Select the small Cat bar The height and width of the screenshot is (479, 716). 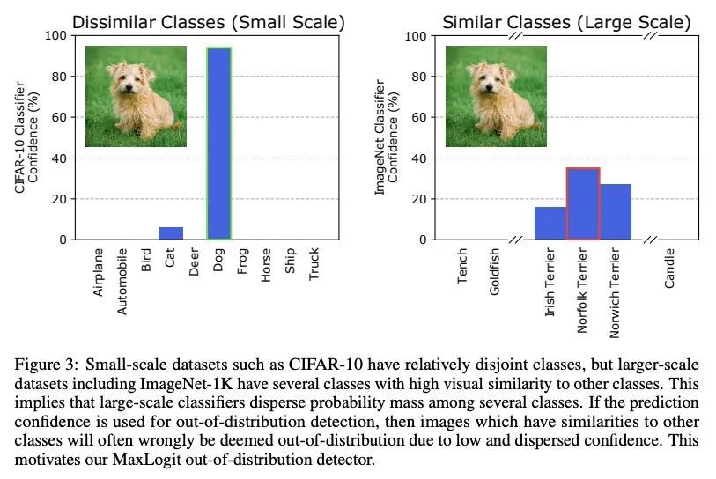[171, 233]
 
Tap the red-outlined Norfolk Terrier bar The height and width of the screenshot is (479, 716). [583, 203]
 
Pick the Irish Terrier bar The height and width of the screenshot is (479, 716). [550, 223]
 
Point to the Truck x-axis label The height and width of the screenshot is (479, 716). [314, 265]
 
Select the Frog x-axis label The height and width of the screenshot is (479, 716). [242, 263]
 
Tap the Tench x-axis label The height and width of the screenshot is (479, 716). [463, 266]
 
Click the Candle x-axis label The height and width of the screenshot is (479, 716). [670, 268]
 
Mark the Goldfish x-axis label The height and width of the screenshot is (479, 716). [495, 272]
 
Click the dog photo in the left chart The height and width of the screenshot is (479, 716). [136, 96]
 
